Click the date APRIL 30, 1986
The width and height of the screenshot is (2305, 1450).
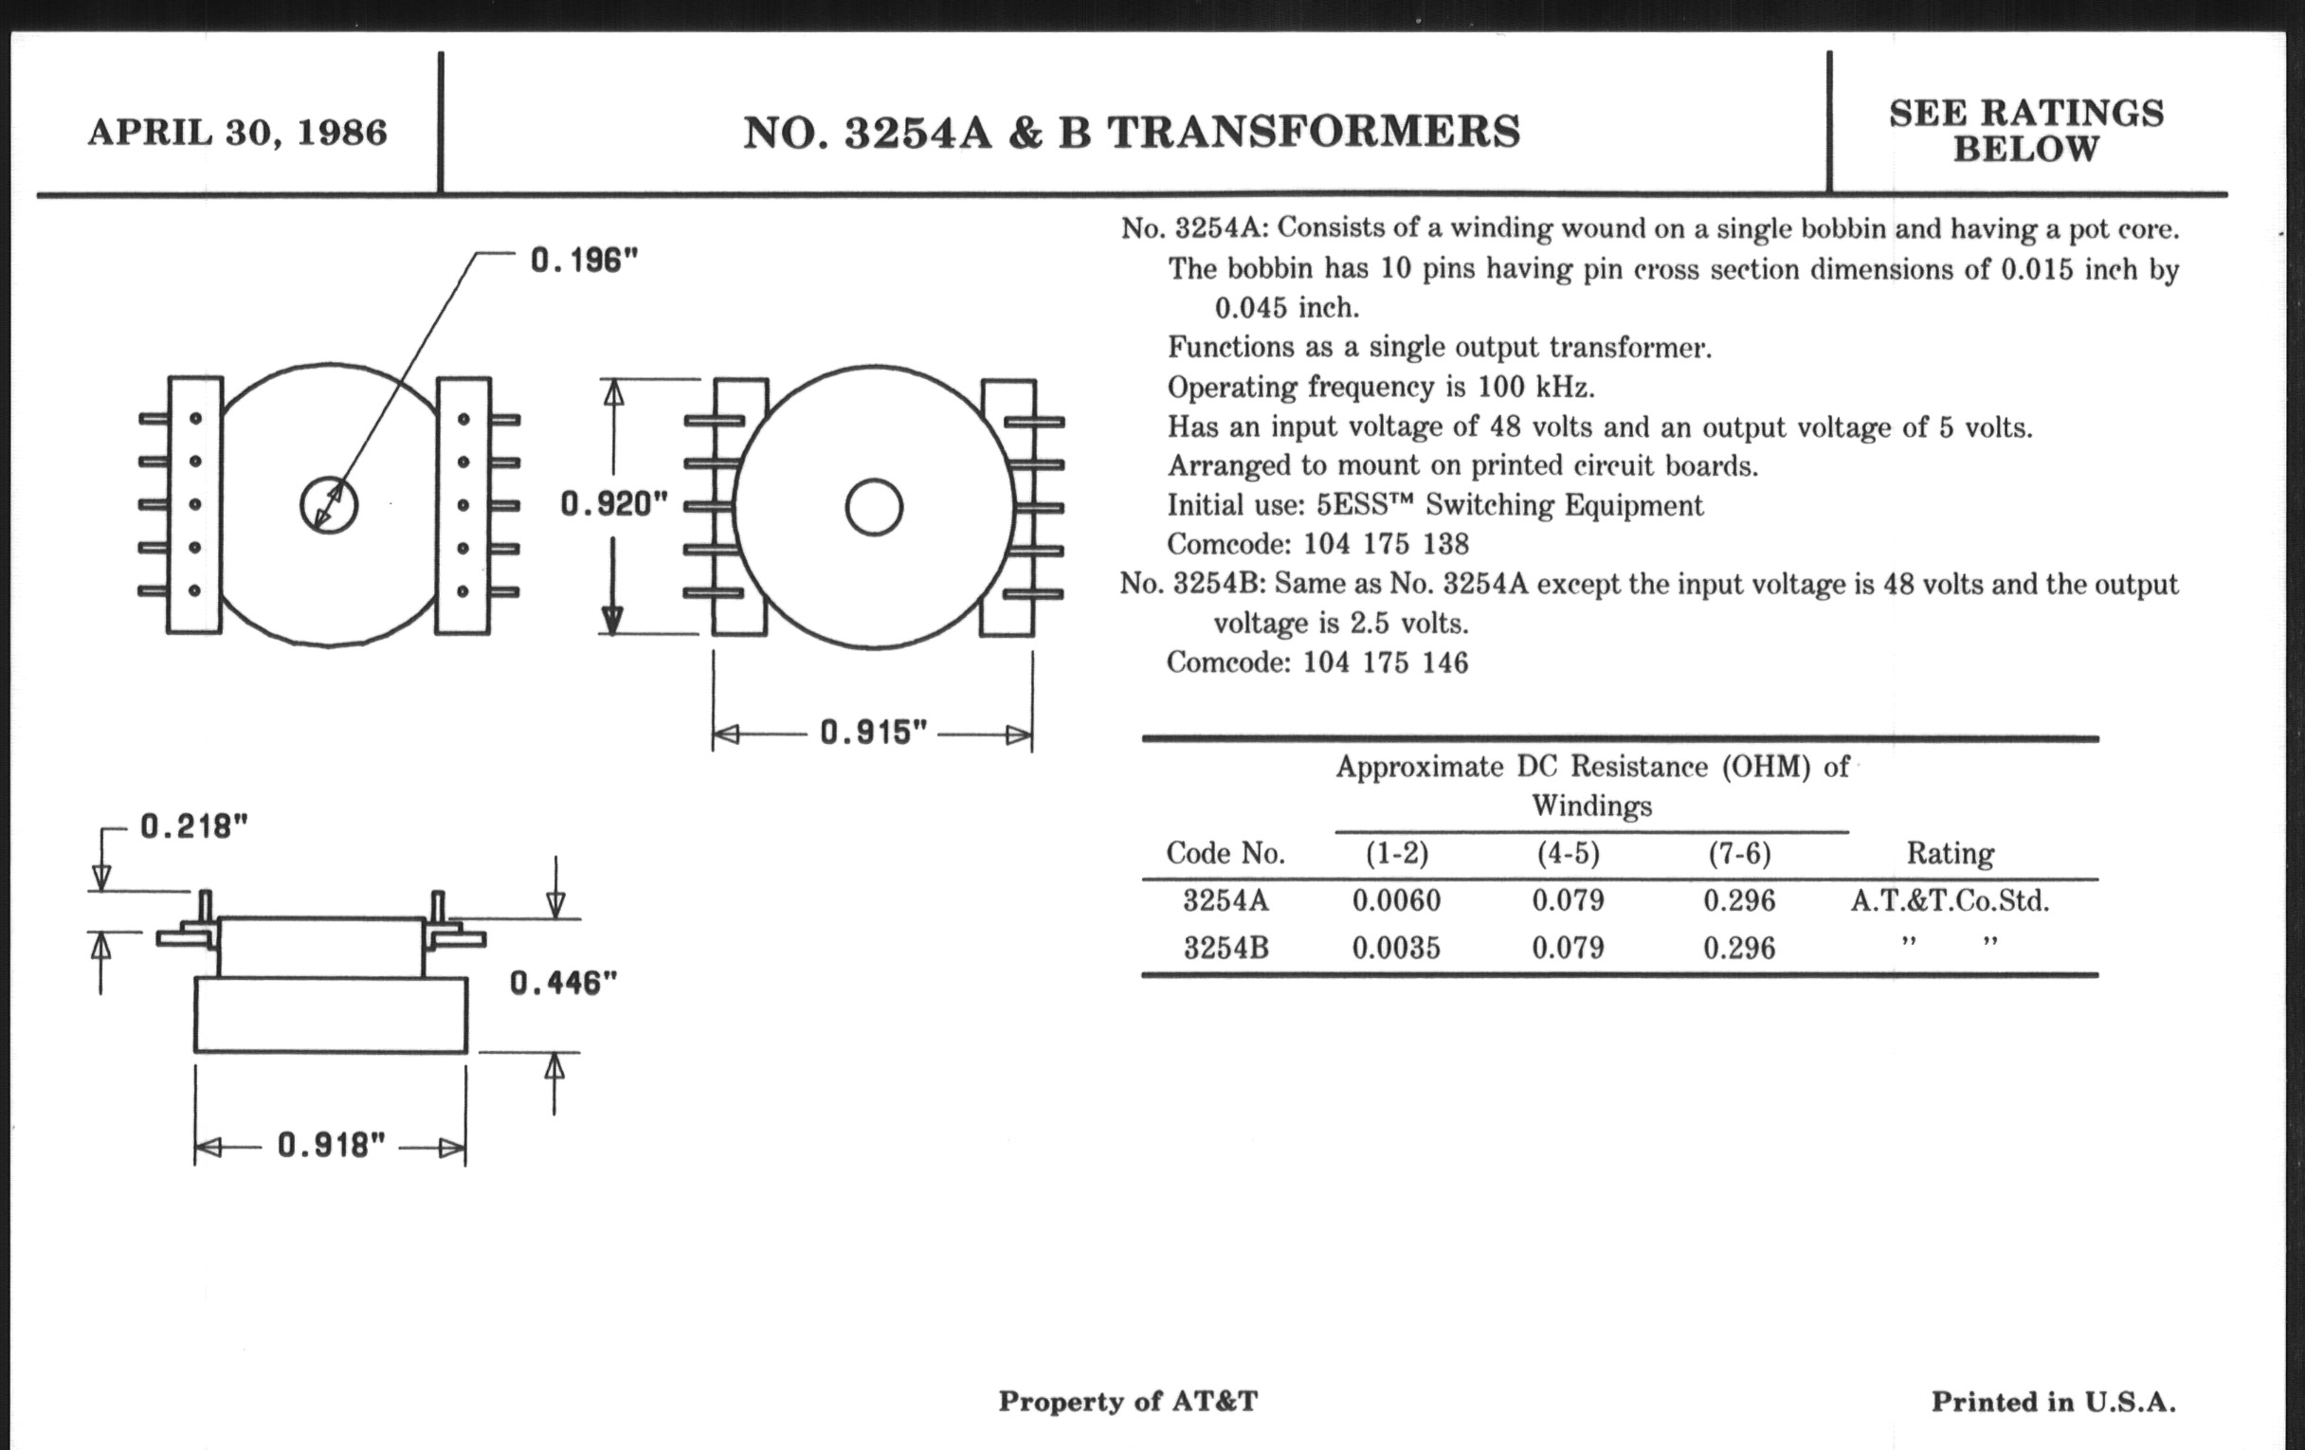click(237, 132)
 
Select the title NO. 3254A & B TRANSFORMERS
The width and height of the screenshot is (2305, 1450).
click(1132, 132)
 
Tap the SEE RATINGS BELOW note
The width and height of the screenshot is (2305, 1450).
click(2025, 130)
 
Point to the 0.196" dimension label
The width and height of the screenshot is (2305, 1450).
click(584, 260)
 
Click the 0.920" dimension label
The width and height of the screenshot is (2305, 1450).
click(613, 503)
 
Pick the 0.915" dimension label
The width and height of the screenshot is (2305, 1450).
click(874, 734)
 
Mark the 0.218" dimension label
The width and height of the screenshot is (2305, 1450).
click(194, 826)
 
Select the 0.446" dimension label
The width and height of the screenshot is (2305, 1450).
click(563, 982)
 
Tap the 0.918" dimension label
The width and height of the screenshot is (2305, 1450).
click(331, 1145)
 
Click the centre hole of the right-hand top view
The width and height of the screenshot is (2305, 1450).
click(874, 507)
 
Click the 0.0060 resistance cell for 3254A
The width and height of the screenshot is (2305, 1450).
click(1396, 900)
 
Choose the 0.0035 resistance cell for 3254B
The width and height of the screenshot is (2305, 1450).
click(1396, 949)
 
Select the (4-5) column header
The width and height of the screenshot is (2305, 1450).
click(1568, 854)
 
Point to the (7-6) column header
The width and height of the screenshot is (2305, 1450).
click(1739, 854)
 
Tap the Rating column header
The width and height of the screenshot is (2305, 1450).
click(1950, 854)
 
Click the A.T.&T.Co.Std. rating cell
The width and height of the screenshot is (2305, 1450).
click(1950, 900)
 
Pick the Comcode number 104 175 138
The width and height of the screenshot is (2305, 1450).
click(1385, 545)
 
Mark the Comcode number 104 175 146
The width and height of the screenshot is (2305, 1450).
click(1385, 662)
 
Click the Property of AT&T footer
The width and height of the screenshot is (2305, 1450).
click(1128, 1401)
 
